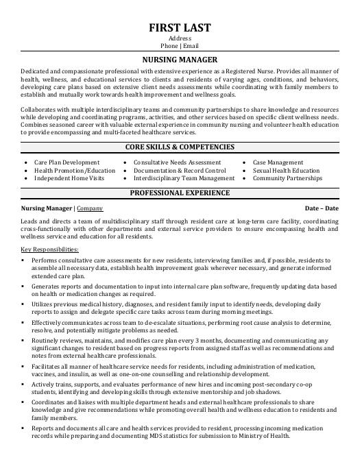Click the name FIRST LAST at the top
click(180, 27)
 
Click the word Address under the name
click(180, 38)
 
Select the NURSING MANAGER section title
click(180, 60)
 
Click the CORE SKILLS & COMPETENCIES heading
click(180, 147)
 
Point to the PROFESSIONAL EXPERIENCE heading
click(180, 193)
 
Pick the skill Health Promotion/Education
click(75, 170)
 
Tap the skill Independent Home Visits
click(69, 177)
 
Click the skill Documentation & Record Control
click(179, 170)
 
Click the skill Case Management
click(278, 162)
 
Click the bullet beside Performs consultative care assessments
click(23, 261)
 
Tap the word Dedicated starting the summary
click(36, 71)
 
